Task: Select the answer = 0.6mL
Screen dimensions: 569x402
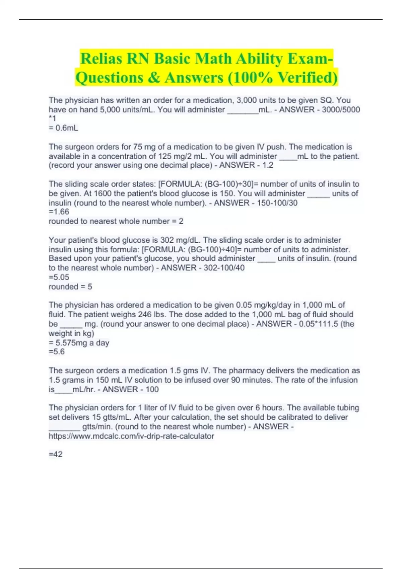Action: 63,128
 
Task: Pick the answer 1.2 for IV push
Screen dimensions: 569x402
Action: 268,165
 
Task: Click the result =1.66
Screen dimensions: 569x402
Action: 59,212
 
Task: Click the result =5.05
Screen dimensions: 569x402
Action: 59,277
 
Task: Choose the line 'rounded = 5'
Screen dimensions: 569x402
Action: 70,287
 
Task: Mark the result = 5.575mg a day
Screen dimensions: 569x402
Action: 79,343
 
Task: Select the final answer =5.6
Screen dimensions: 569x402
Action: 57,352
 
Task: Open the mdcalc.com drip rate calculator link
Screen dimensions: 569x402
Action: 131,436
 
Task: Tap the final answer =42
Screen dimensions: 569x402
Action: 56,454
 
